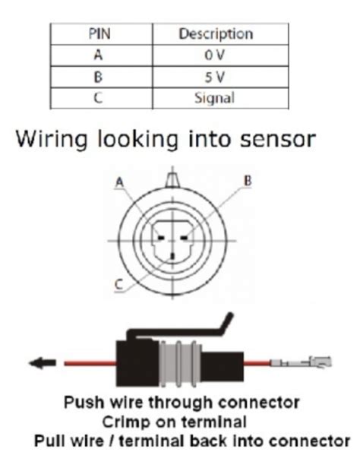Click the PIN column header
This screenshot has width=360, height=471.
tap(101, 33)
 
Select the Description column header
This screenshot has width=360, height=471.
tap(216, 33)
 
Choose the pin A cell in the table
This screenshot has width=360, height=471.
tap(101, 55)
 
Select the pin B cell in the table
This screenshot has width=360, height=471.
tap(101, 76)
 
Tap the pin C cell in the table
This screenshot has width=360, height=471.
tap(101, 97)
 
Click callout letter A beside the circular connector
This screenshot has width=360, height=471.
tap(119, 182)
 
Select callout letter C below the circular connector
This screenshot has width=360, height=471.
tap(119, 285)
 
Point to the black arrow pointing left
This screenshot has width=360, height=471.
tap(39, 363)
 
